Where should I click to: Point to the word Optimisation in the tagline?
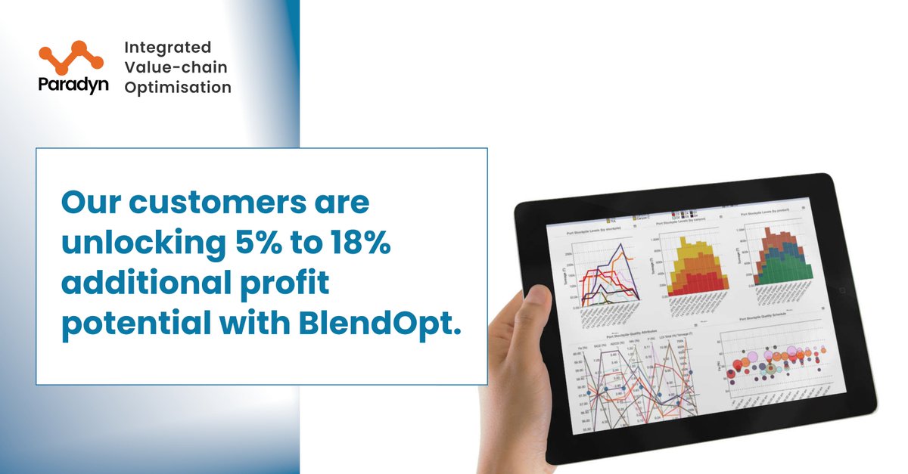pyautogui.click(x=178, y=88)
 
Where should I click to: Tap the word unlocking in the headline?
pyautogui.click(x=141, y=246)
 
